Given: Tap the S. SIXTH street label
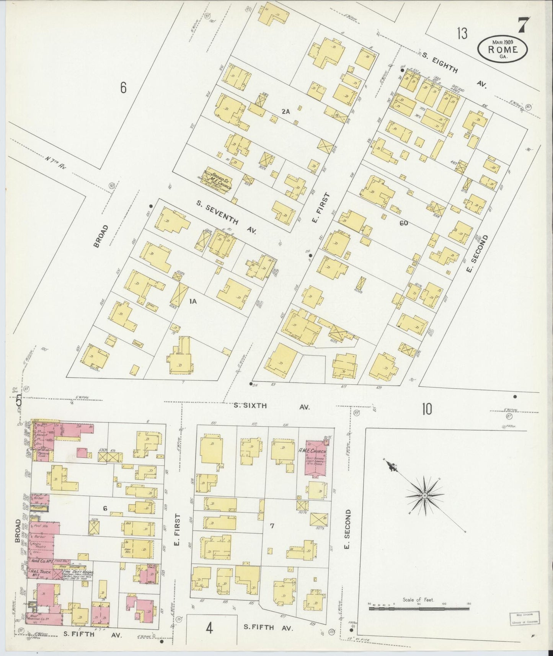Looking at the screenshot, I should (250, 406).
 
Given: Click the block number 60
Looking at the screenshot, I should (403, 223).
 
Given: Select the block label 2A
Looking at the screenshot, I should (286, 111).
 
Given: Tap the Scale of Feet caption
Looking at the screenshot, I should (418, 600).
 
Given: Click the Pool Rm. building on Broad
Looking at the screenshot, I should (40, 526).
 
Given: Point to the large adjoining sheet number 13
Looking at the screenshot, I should (462, 34).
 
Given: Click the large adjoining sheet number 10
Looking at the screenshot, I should (427, 410).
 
